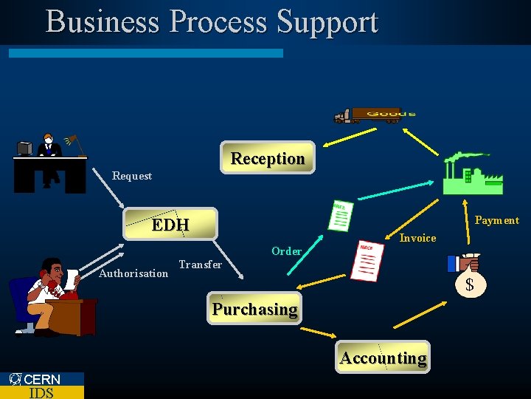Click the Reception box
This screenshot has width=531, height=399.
267,158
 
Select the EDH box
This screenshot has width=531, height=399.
170,224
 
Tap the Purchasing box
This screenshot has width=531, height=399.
254,309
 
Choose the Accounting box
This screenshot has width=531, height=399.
383,358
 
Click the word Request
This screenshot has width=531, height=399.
132,176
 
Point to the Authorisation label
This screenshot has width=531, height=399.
133,273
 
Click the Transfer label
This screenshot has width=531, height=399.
200,265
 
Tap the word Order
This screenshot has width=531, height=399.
286,251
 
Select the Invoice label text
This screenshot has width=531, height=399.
417,238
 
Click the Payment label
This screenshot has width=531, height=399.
496,220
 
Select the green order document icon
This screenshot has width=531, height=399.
339,216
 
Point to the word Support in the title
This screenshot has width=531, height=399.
327,21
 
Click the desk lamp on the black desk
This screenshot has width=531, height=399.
74,141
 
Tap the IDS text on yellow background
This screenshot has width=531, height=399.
41,392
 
